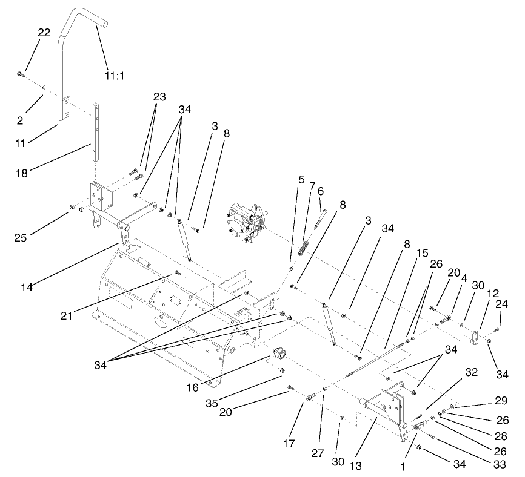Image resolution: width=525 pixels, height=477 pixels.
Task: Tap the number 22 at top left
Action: tap(44, 33)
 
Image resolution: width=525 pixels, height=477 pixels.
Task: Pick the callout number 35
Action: tap(213, 400)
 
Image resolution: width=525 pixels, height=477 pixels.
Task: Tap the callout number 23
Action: tap(159, 96)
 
